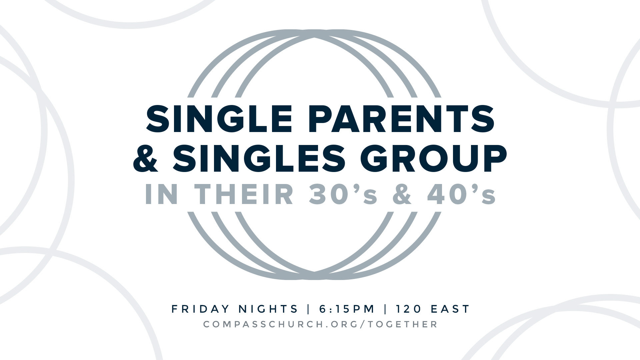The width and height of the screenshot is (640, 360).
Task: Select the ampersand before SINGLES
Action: pos(146,158)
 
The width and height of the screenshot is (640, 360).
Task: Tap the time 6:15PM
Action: pos(347,309)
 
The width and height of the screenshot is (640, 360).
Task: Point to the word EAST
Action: pos(450,309)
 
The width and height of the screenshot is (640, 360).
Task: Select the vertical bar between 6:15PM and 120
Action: pos(386,309)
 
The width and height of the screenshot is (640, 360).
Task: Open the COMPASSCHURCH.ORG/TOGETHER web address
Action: pos(320,324)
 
